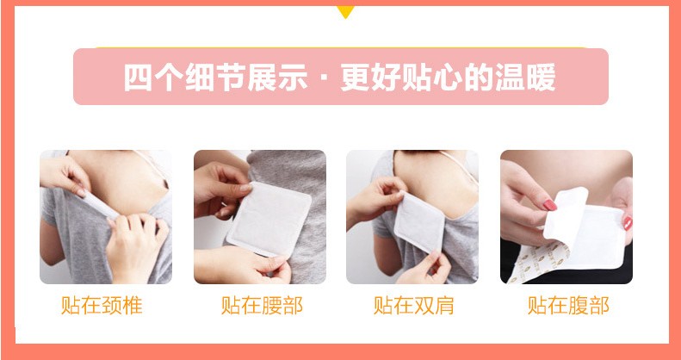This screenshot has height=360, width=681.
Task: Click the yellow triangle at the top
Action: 345,11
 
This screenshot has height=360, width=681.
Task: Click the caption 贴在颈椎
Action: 102,305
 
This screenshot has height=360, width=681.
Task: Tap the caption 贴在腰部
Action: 262,305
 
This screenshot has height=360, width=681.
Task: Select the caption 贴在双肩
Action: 413,305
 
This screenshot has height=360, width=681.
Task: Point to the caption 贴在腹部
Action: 568,305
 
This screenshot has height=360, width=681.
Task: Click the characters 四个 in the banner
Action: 153,78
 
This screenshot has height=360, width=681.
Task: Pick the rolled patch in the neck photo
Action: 99,205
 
